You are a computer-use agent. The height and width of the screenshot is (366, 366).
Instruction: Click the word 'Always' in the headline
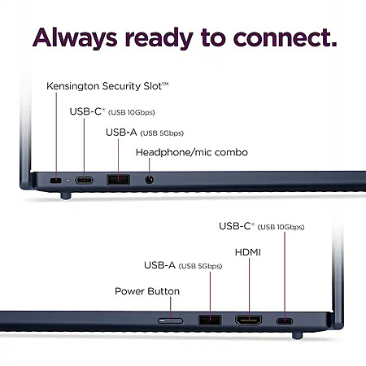point(75,38)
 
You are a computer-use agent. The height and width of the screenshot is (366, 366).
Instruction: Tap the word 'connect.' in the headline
point(285,38)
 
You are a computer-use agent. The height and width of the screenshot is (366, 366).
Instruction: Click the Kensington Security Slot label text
point(107,86)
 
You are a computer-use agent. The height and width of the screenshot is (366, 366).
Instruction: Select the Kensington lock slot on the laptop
point(56,181)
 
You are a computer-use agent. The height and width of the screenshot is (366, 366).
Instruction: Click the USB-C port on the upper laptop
point(85,181)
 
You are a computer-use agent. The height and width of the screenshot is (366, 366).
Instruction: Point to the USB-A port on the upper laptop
point(118,180)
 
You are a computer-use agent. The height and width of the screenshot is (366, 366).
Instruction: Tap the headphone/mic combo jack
point(149,180)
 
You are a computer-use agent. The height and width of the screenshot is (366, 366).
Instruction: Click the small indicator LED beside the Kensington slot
point(68,181)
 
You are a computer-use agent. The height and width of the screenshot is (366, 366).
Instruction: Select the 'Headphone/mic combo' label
point(192,152)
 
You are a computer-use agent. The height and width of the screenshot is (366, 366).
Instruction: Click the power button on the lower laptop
point(170,320)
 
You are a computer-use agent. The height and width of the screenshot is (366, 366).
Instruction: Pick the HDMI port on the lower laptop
point(249,320)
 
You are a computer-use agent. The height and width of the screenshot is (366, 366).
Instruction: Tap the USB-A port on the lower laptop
point(210,320)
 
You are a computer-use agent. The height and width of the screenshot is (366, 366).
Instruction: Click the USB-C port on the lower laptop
point(285,321)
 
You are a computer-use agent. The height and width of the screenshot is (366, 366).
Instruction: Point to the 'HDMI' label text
point(248,252)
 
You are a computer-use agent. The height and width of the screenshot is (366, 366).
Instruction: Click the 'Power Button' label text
point(147,291)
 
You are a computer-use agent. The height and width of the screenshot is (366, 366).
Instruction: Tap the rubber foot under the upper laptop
point(66,195)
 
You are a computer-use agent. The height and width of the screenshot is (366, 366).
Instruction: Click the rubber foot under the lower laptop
point(297,335)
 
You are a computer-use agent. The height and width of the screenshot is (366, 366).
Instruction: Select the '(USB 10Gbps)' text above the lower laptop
point(281,227)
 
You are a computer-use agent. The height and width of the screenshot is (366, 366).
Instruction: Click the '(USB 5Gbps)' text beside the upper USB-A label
point(162,133)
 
